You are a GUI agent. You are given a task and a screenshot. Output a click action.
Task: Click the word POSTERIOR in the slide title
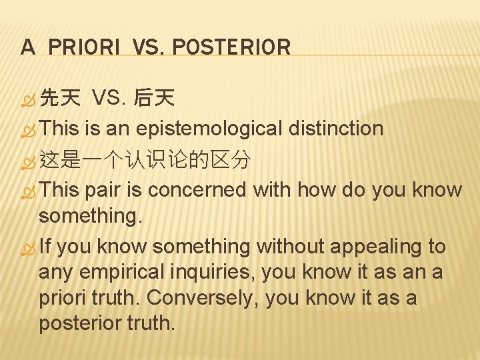[x=231, y=47]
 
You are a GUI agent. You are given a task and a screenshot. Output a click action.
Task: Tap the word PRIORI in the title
[x=83, y=47]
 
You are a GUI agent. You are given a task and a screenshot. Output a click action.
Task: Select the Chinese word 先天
[x=60, y=100]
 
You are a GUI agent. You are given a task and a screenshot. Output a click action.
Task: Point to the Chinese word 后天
[x=154, y=100]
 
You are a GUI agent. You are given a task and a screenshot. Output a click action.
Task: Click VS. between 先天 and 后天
[x=107, y=100]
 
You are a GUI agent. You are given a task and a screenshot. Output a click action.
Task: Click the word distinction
[x=336, y=129]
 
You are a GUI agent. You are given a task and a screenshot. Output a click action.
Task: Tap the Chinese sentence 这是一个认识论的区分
[x=145, y=160]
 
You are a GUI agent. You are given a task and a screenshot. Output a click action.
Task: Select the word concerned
[x=197, y=190]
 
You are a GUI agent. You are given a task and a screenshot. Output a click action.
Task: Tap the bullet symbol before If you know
[x=27, y=247]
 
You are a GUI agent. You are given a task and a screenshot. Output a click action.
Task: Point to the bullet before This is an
[x=27, y=130]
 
